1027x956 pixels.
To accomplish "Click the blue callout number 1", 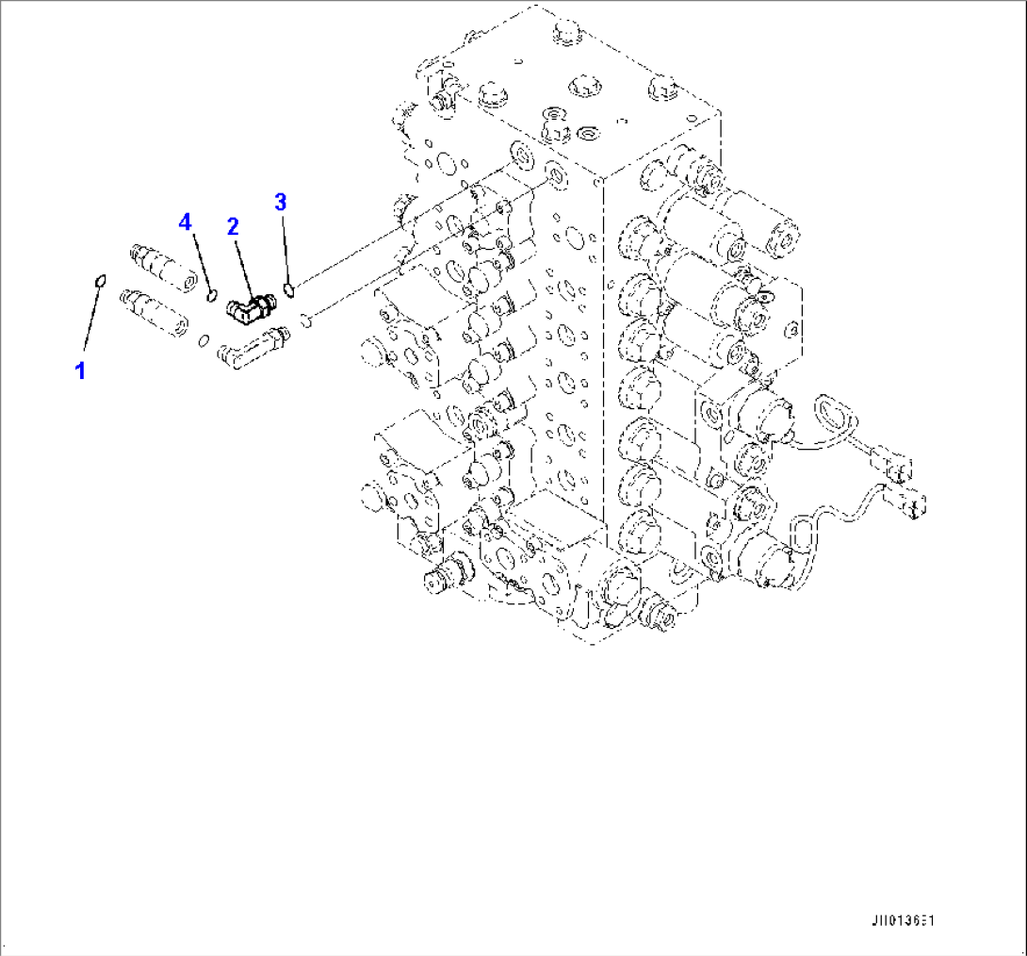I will pos(81,371).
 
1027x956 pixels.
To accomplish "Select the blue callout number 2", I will pos(232,225).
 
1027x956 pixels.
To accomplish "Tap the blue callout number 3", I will pos(281,201).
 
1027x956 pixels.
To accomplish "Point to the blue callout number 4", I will pos(186,222).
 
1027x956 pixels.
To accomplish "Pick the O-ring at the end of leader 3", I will pos(290,288).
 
